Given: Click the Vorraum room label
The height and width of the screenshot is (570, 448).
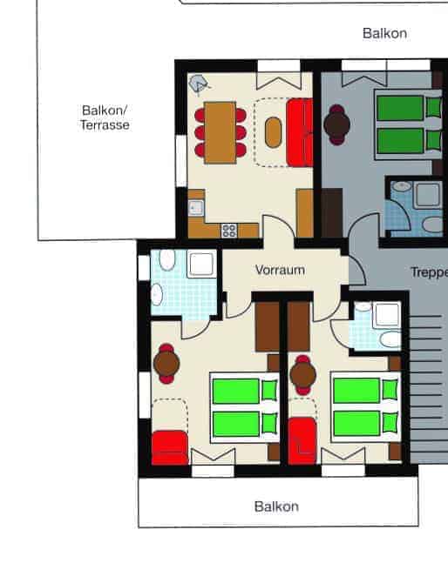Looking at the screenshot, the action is (280, 270).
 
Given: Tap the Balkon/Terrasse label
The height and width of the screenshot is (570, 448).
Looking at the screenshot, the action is (105, 117).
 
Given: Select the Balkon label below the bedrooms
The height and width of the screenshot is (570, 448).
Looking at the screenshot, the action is (276, 506).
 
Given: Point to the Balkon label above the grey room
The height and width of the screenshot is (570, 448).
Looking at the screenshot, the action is (384, 33).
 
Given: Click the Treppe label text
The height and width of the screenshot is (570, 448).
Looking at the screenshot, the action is (429, 272).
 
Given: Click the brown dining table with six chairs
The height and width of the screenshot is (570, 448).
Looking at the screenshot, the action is (220, 132).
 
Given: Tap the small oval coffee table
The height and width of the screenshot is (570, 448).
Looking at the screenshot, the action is (273, 132).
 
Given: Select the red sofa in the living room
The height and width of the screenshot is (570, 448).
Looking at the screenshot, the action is (300, 132).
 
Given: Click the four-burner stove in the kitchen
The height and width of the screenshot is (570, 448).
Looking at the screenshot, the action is (229, 231).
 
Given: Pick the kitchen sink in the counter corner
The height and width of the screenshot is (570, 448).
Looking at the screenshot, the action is (196, 208).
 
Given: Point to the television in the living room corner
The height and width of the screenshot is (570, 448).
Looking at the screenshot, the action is (199, 84).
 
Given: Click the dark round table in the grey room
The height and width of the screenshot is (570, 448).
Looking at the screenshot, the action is (337, 124).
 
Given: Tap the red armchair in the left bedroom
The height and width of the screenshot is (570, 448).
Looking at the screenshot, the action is (170, 447).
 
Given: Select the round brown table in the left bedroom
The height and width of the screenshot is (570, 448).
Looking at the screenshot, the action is (166, 364).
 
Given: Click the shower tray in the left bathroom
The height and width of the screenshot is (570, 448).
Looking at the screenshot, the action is (201, 265).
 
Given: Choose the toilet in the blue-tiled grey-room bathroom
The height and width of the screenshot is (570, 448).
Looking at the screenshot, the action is (432, 225).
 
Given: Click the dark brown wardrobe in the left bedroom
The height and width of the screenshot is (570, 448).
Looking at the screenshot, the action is (267, 326).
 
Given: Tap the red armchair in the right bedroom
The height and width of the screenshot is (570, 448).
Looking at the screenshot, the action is (302, 441).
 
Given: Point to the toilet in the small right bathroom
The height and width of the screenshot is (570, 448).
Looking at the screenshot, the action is (390, 339).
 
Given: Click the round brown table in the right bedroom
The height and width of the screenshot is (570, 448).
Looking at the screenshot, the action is (302, 375).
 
